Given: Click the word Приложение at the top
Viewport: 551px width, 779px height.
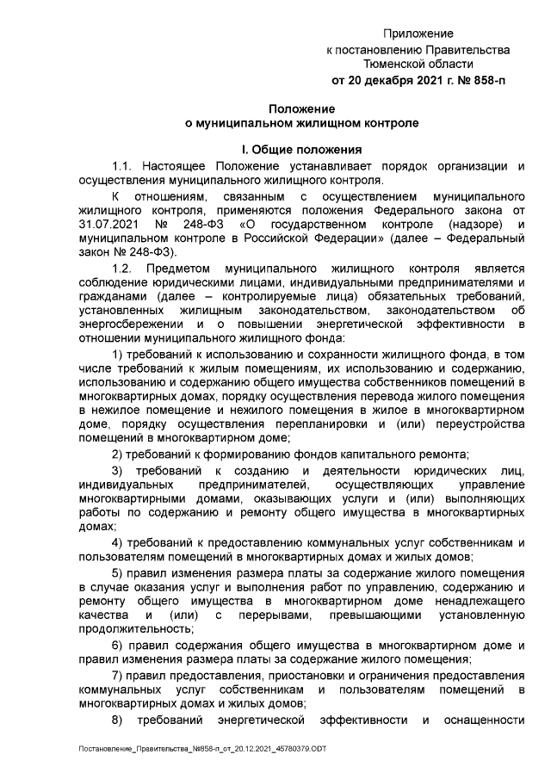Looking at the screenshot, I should [x=418, y=33].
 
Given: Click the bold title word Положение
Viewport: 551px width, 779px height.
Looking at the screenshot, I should [x=302, y=108].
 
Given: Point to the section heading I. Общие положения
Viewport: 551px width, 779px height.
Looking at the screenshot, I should [x=302, y=148].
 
